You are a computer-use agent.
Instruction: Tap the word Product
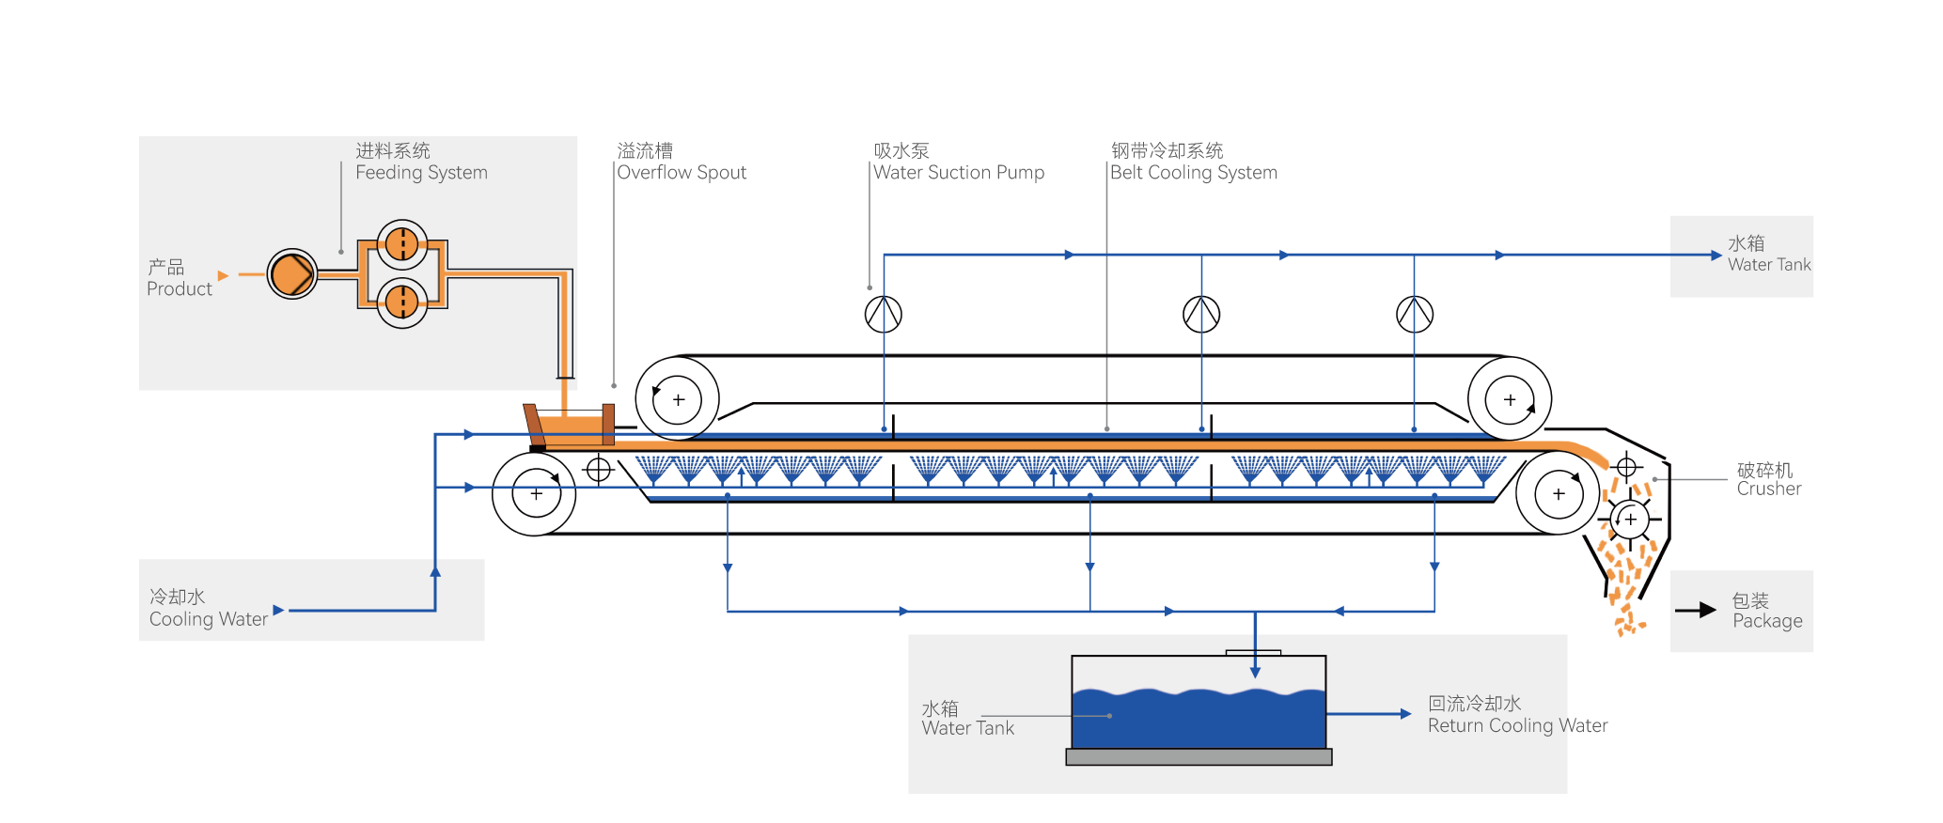click(179, 289)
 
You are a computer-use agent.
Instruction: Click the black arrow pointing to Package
click(1696, 611)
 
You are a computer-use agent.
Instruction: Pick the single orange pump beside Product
click(292, 274)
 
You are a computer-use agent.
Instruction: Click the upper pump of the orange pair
click(402, 245)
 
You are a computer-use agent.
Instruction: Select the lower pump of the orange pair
click(402, 302)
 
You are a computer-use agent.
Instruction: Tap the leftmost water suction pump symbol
click(884, 314)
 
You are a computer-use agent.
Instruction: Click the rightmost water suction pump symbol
click(1415, 314)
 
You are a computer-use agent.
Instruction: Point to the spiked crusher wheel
click(1630, 519)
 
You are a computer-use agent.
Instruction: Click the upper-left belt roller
click(678, 399)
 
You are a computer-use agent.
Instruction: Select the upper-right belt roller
click(1510, 399)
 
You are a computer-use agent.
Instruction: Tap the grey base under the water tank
click(1199, 757)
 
